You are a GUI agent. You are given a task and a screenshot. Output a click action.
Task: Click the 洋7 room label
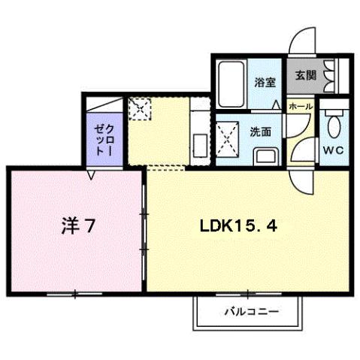(x=77, y=225)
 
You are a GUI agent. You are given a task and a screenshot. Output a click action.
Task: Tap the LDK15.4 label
(x=240, y=225)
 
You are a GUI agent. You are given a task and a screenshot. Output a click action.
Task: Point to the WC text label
(x=333, y=150)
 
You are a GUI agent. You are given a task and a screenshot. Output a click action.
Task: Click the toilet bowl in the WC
(x=333, y=124)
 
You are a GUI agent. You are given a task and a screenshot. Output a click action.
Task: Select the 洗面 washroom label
(x=260, y=131)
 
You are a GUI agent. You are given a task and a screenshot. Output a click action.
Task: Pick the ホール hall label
(x=301, y=107)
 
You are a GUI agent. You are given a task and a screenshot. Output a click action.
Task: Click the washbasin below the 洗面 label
(x=266, y=157)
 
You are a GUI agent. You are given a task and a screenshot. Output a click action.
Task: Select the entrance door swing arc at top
(x=304, y=39)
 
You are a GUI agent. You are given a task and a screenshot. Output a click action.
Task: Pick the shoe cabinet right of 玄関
(x=333, y=74)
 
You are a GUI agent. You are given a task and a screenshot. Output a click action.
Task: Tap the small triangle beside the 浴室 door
(x=277, y=103)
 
